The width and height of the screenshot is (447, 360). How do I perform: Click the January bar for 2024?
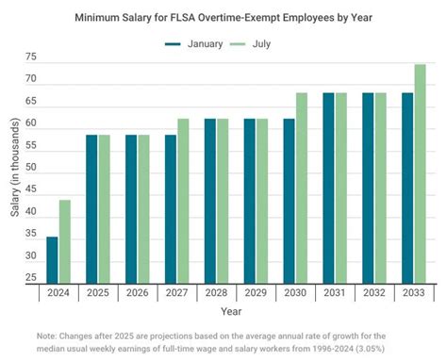(x=52, y=260)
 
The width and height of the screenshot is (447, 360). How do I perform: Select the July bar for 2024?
(x=64, y=241)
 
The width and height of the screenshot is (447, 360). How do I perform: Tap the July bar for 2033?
(x=420, y=174)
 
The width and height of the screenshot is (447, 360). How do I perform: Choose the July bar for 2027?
(x=182, y=201)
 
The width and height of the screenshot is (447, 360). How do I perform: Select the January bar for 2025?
(x=91, y=208)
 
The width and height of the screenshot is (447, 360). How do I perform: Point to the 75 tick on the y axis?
(x=31, y=57)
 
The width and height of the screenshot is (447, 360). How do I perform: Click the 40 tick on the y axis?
(x=31, y=212)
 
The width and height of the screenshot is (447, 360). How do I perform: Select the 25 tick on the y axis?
(x=31, y=278)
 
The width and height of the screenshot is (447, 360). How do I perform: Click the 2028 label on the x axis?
(x=216, y=294)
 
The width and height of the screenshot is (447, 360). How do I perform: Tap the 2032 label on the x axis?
(x=373, y=294)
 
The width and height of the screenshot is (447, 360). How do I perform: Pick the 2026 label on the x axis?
(x=137, y=294)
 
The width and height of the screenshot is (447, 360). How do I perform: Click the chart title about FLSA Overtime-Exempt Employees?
(x=223, y=17)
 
